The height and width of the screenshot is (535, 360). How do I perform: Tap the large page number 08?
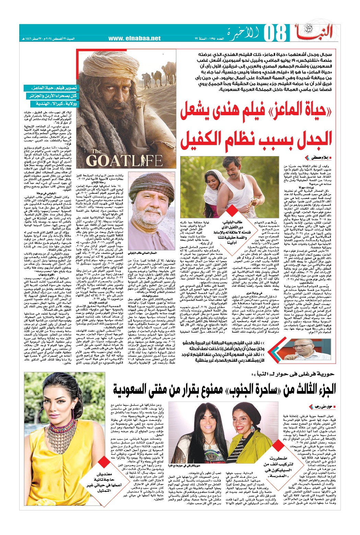click(275, 34)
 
